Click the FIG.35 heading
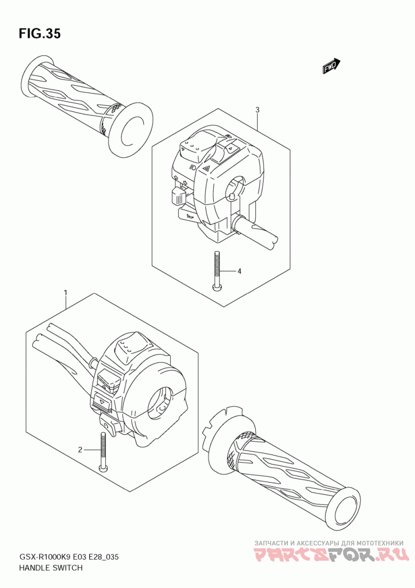coord(39,33)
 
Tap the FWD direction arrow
coord(330,66)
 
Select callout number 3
coord(257,110)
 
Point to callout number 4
coord(239,271)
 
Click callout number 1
coord(65,293)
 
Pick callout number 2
coord(80,449)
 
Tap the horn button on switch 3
coord(188,215)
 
